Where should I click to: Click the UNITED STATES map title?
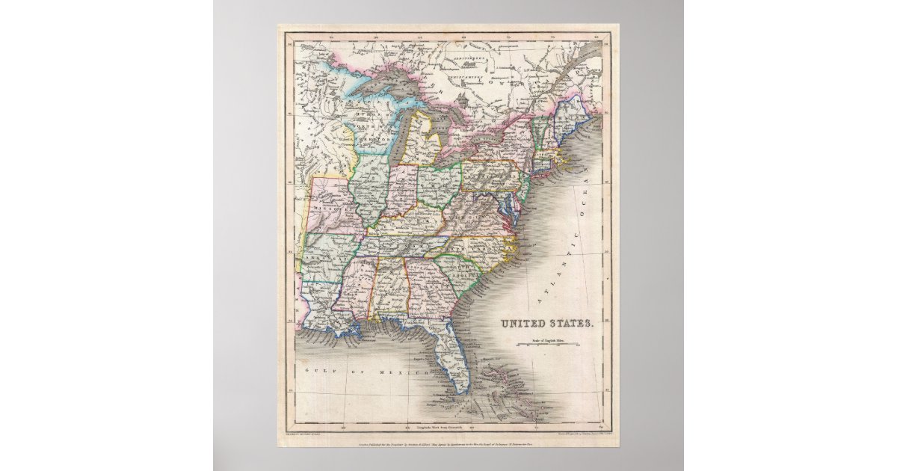[547, 324]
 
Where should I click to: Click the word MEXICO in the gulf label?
[402, 371]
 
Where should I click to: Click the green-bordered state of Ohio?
[438, 183]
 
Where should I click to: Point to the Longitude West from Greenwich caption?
[447, 425]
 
